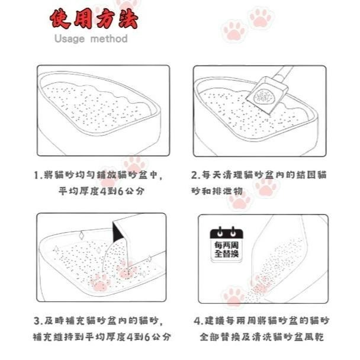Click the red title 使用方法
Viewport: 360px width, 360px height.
93,20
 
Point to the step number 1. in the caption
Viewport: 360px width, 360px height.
37,176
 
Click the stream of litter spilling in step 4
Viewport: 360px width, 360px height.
278,266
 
